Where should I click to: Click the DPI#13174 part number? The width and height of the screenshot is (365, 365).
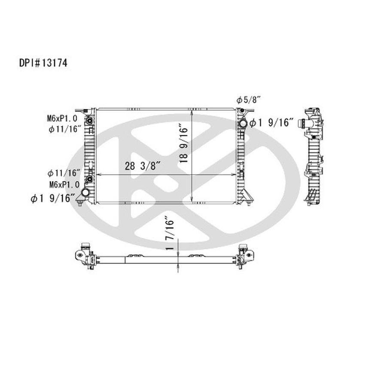[43, 63]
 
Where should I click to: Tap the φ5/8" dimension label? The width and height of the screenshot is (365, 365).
[249, 100]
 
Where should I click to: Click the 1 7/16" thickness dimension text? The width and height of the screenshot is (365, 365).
[171, 234]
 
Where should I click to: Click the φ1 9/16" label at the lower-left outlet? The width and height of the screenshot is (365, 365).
[53, 198]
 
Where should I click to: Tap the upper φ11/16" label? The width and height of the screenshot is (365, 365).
[65, 128]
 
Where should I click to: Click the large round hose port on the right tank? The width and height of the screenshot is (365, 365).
[243, 124]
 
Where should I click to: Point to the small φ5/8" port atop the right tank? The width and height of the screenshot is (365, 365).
[242, 111]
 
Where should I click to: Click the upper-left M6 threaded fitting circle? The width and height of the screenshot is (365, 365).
[89, 120]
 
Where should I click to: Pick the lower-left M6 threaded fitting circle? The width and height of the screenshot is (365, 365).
[89, 179]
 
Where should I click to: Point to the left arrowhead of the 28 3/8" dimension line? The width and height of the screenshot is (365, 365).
[99, 175]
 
